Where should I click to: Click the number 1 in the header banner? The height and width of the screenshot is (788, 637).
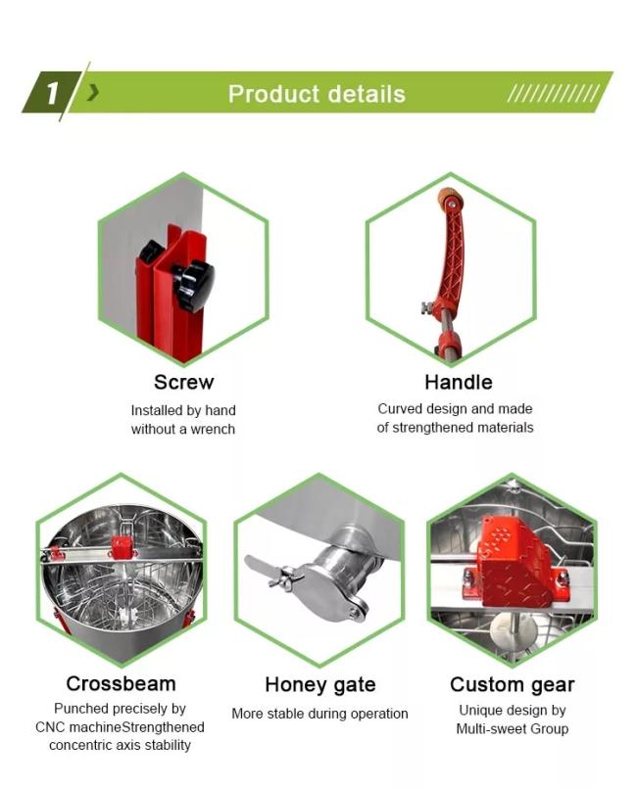52,93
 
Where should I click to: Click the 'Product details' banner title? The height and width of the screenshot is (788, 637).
317,94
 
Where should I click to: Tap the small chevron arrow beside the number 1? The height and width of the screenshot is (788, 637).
92,92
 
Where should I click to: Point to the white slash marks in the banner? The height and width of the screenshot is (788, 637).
553,93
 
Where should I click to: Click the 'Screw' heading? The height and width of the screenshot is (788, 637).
183,382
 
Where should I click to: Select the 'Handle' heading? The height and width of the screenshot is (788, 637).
459,382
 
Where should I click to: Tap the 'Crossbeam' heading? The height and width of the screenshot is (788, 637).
121,683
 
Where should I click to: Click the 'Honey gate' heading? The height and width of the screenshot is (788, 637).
320,684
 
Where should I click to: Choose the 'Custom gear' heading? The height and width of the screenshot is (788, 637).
513,684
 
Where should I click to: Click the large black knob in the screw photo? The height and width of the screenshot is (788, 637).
195,284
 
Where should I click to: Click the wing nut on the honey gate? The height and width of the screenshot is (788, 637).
286,576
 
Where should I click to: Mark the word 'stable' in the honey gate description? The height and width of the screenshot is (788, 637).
285,714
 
